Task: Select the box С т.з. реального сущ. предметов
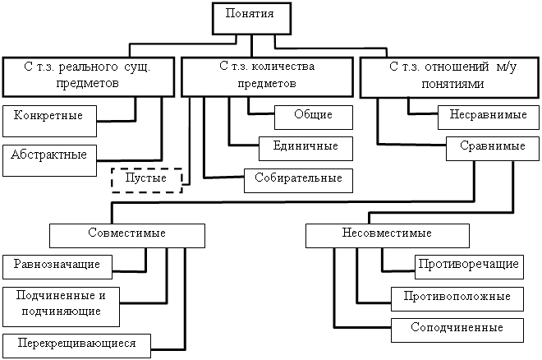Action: click(90, 75)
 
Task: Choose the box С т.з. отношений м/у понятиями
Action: click(447, 75)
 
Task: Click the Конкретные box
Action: click(49, 119)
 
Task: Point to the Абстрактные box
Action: click(49, 160)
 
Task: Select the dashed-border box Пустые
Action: click(146, 179)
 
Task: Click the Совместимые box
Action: click(127, 235)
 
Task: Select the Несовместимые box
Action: click(387, 235)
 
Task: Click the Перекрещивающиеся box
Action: click(76, 343)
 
